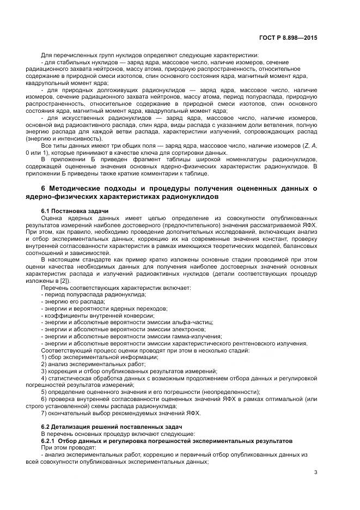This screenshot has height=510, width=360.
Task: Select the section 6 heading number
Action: click(44, 189)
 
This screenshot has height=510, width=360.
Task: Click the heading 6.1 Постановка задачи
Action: click(75, 210)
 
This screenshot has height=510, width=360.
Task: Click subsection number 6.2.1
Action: click(50, 440)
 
